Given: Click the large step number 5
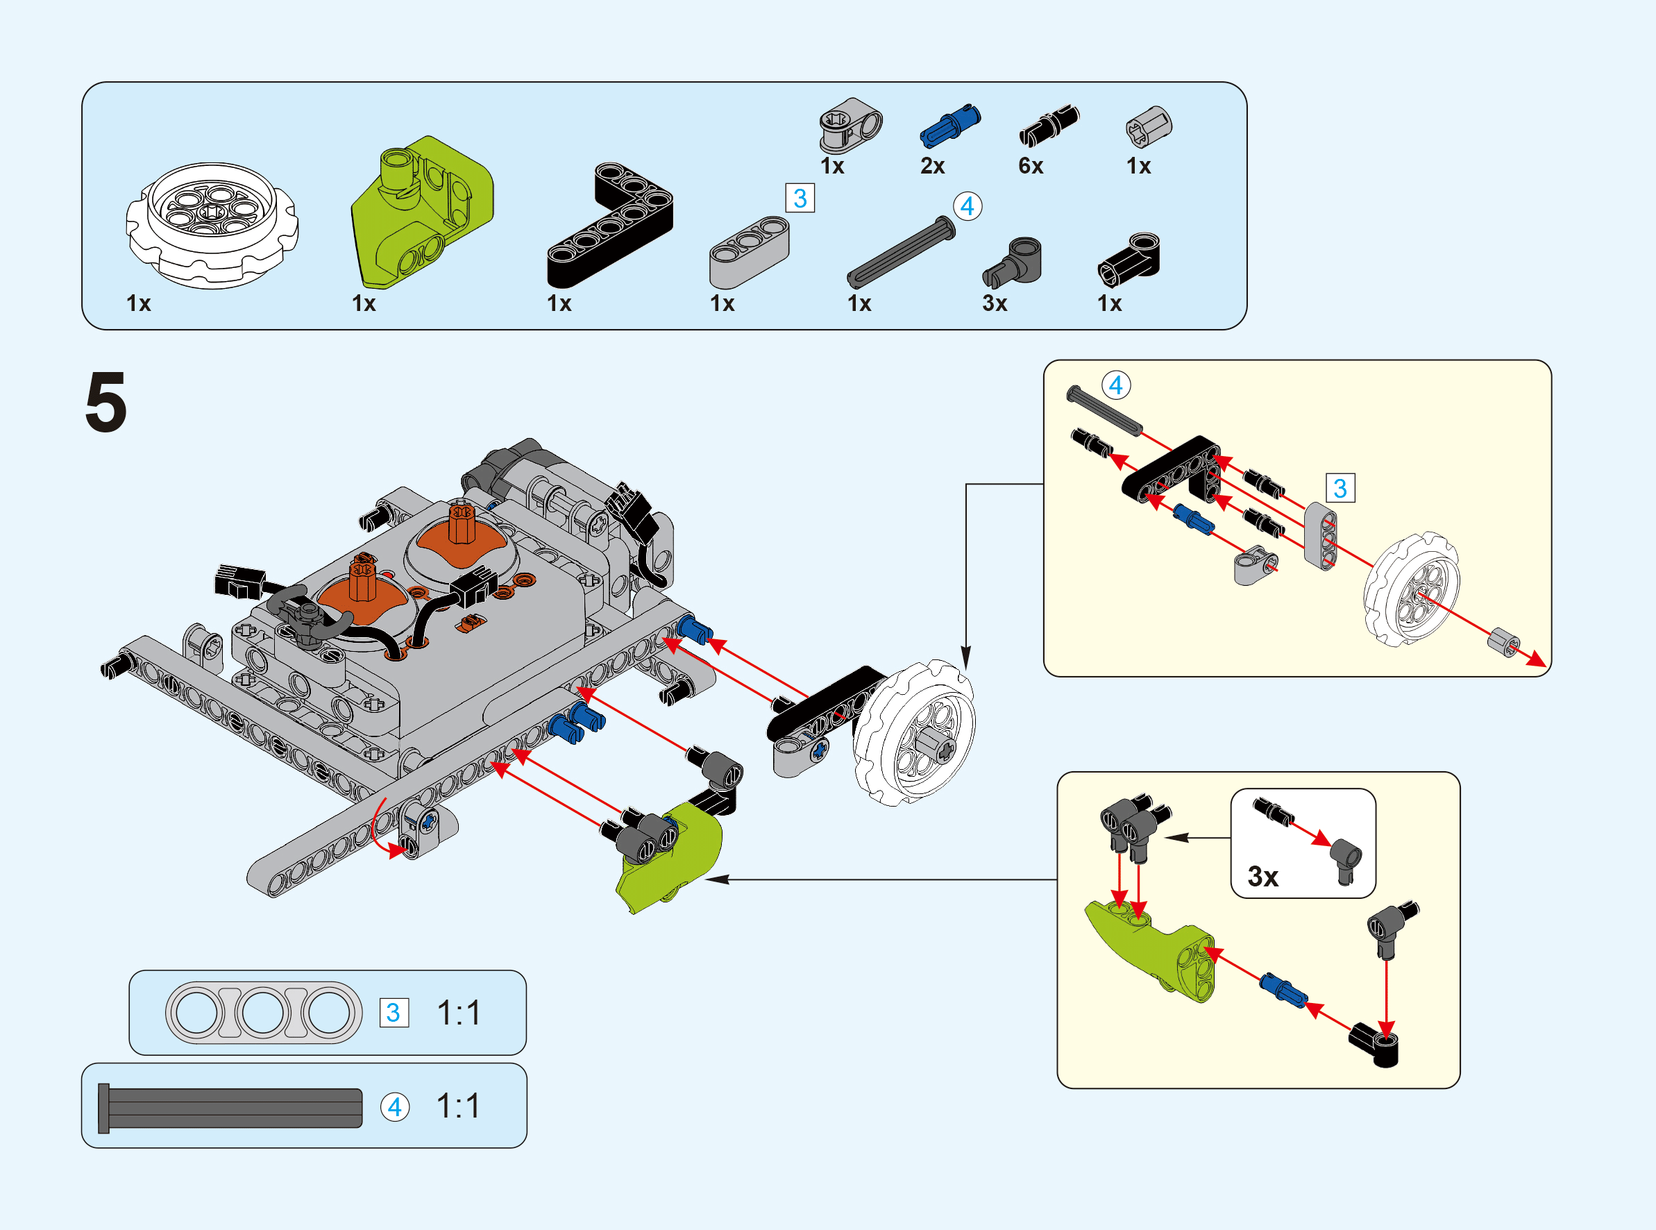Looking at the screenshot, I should (105, 402).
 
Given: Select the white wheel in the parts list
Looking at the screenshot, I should (212, 225).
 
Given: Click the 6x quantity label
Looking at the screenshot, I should (1030, 166).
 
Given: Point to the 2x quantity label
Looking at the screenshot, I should (932, 166).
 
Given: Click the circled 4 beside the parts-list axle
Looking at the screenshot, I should (967, 206).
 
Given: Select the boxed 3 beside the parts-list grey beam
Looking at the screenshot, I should (800, 199).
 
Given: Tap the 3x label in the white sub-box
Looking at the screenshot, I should (1262, 876).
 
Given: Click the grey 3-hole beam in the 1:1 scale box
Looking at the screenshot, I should (264, 1013).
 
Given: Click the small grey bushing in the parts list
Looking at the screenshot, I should (1148, 125).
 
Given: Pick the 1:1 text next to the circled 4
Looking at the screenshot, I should (458, 1107).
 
